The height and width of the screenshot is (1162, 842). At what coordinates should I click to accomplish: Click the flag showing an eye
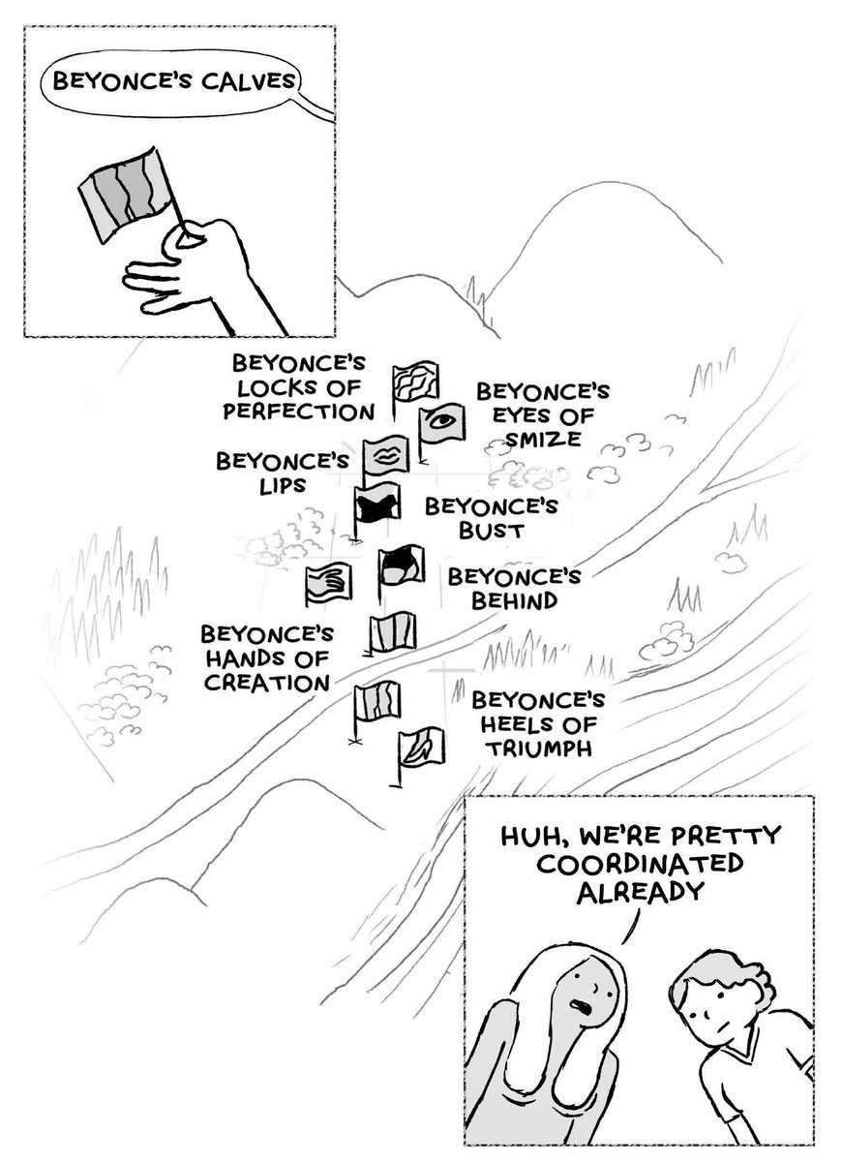point(442,423)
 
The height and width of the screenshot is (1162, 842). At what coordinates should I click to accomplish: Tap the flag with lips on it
point(386,455)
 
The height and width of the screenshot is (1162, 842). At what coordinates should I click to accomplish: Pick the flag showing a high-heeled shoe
point(422,747)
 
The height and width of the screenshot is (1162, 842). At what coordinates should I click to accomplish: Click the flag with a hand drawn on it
point(328,585)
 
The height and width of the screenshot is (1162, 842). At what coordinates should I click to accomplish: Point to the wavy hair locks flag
point(416,381)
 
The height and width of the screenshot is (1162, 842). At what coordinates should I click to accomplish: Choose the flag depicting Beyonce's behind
point(403,566)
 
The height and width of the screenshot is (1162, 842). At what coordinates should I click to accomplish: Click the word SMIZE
point(543,440)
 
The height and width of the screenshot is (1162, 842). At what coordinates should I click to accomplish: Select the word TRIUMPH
point(539,749)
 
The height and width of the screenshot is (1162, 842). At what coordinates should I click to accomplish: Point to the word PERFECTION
point(299,412)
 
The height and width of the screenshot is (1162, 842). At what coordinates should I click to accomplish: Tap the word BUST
point(491,531)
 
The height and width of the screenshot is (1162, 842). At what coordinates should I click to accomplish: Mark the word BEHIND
point(514,600)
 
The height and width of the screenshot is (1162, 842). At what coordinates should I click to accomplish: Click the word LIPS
point(283,485)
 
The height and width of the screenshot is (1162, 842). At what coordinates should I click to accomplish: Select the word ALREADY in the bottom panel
point(640,891)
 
